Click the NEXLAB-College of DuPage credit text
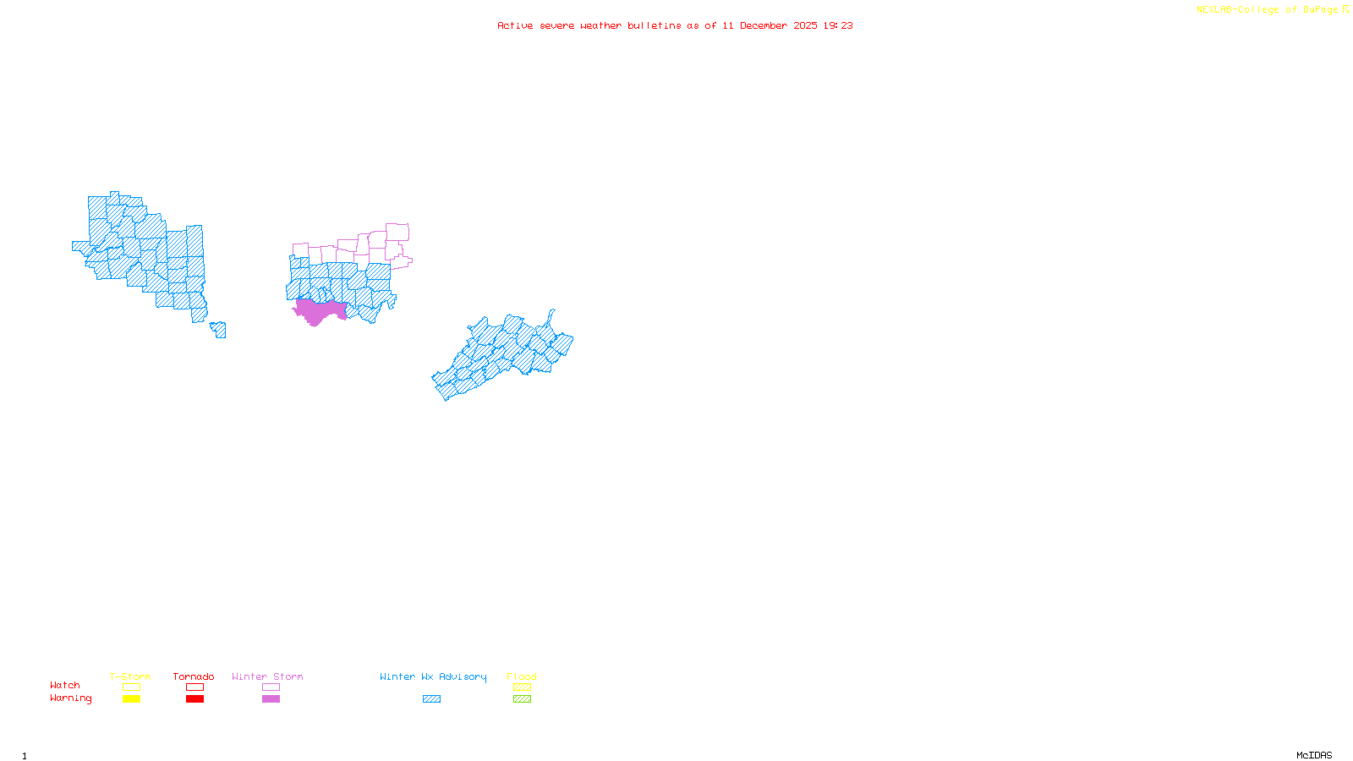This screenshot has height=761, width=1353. click(x=1268, y=10)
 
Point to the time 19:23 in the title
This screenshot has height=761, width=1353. click(x=838, y=26)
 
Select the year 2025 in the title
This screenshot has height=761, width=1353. click(x=805, y=26)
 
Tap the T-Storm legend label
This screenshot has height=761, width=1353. click(x=130, y=676)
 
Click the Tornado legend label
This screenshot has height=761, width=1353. click(x=194, y=676)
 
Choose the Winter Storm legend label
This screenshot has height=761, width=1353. click(x=267, y=676)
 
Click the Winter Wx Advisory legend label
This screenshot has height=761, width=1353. click(x=433, y=676)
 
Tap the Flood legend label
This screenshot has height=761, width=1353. click(x=522, y=676)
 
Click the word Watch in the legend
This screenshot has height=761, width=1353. click(x=65, y=685)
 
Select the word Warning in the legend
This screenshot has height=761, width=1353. click(x=71, y=698)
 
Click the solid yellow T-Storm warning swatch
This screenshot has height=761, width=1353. click(x=131, y=699)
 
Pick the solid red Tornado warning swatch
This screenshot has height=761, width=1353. click(x=194, y=699)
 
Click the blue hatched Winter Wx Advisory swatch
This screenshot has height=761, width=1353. click(x=431, y=699)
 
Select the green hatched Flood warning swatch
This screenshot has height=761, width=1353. click(x=522, y=699)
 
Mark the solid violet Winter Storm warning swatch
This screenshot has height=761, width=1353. click(x=271, y=699)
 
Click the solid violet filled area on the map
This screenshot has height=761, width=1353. click(x=318, y=311)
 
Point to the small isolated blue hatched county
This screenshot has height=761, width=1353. click(x=219, y=330)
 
